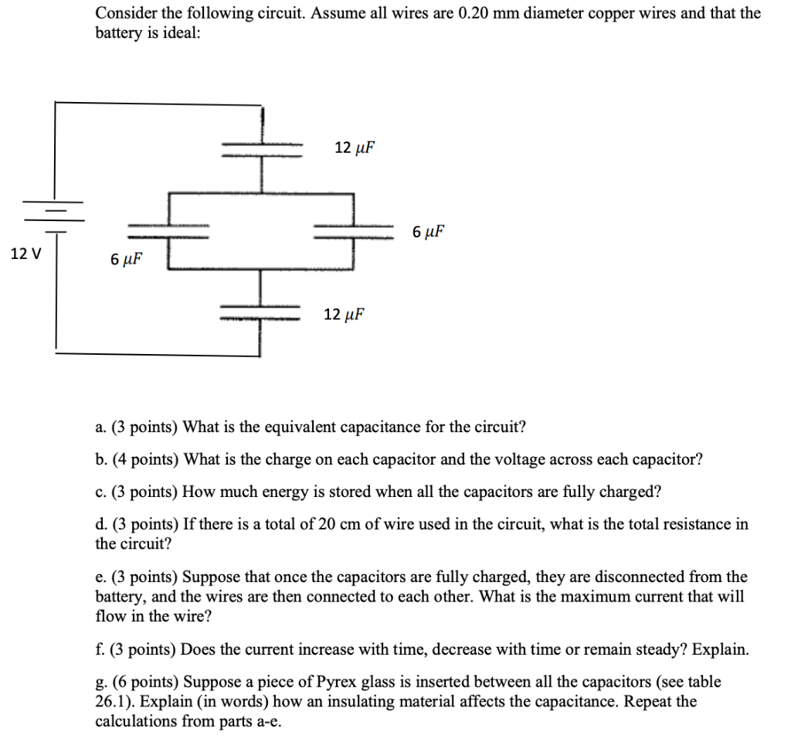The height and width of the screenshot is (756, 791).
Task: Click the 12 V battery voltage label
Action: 26,253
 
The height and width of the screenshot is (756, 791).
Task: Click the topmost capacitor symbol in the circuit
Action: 263,148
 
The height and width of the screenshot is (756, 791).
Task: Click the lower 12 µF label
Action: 344,314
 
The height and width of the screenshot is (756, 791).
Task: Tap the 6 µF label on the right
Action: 429,231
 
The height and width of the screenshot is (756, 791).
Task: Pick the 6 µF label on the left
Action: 127,258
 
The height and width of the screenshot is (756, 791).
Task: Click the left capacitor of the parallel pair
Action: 168,230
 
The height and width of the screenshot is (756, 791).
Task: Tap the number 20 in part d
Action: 326,525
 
